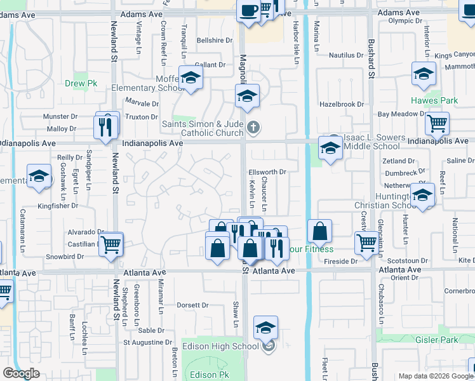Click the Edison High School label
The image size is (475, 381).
click(220, 346)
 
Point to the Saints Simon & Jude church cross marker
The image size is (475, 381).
click(253, 128)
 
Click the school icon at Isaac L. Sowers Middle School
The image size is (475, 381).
click(330, 150)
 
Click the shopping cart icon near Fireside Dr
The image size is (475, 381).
click(366, 241)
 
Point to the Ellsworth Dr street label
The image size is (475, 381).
click(267, 171)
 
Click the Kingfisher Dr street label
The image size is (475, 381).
click(57, 206)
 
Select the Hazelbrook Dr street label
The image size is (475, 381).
click(342, 104)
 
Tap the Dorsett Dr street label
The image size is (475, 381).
click(192, 304)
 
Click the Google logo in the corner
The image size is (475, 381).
click(22, 373)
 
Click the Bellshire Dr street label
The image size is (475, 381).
click(210, 40)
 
